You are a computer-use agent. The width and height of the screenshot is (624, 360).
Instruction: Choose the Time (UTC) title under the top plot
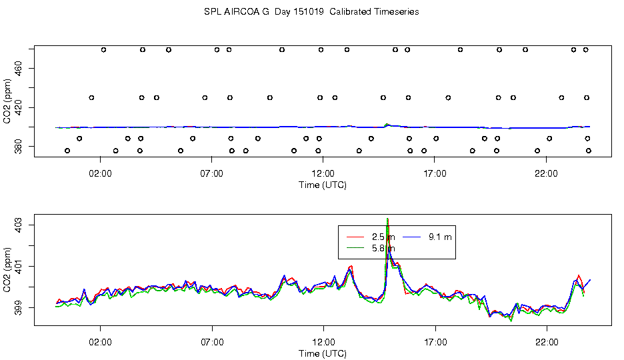tap(323, 185)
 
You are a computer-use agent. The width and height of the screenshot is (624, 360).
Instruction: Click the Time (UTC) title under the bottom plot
tap(323, 353)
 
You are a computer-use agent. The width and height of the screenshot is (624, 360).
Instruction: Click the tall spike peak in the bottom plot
tap(387, 219)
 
